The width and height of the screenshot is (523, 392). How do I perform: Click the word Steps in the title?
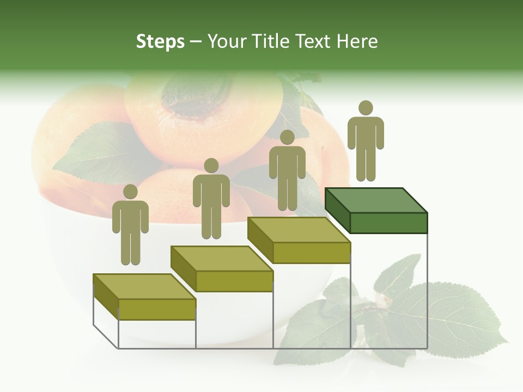(x=160, y=41)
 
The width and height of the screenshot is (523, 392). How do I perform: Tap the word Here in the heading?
(x=357, y=41)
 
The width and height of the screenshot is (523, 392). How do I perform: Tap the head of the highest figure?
(x=366, y=108)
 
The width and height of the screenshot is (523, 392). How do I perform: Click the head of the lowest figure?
(x=130, y=192)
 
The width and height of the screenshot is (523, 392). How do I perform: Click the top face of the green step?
(x=376, y=200)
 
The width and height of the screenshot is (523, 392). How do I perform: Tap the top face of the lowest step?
(x=144, y=286)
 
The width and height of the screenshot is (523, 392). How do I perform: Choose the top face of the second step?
(x=222, y=258)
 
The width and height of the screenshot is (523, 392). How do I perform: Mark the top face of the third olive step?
(x=299, y=230)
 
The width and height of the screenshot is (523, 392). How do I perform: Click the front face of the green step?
(x=388, y=223)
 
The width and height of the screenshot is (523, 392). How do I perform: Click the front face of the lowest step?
(x=157, y=309)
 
